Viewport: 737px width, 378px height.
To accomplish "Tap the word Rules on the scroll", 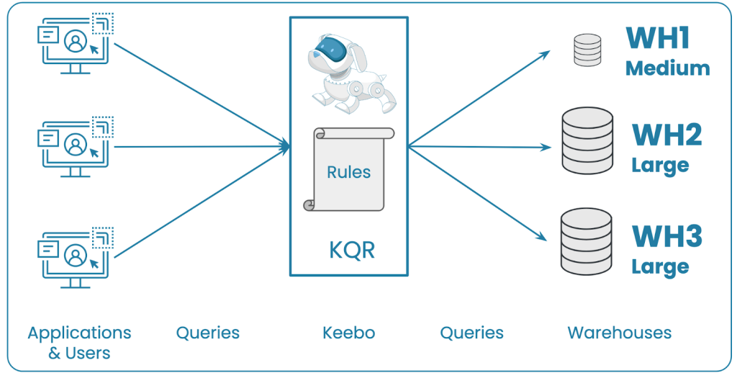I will click(349, 172).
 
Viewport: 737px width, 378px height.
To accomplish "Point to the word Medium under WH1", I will click(667, 68).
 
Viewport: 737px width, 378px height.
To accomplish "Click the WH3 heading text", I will click(666, 235).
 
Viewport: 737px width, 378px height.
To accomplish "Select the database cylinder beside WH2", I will click(587, 140).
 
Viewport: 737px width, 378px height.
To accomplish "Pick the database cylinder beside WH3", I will click(587, 241).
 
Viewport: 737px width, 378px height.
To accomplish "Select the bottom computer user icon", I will click(76, 256).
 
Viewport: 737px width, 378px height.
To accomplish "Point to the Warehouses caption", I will click(619, 333).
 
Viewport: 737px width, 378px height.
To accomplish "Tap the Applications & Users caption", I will click(79, 343).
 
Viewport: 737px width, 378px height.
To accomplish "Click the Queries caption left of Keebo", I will click(208, 333).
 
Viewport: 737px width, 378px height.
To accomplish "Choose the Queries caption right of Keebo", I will click(471, 333).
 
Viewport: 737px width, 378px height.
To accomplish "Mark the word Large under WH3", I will click(660, 266).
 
